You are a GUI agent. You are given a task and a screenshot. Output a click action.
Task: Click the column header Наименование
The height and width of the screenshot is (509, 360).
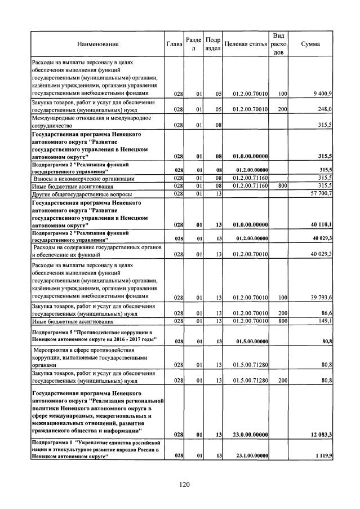pyautogui.click(x=99, y=43)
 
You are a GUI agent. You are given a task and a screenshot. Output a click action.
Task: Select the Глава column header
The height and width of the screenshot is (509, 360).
pyautogui.click(x=174, y=43)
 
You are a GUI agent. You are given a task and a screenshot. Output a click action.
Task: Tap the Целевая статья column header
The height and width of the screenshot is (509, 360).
pyautogui.click(x=245, y=43)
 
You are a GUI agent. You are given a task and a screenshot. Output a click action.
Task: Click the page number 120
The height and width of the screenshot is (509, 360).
pyautogui.click(x=180, y=484)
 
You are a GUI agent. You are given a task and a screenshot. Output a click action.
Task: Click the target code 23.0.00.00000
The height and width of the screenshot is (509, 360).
pyautogui.click(x=249, y=435)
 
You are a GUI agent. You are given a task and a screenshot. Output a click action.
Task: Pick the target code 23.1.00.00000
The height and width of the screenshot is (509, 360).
pyautogui.click(x=249, y=455)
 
